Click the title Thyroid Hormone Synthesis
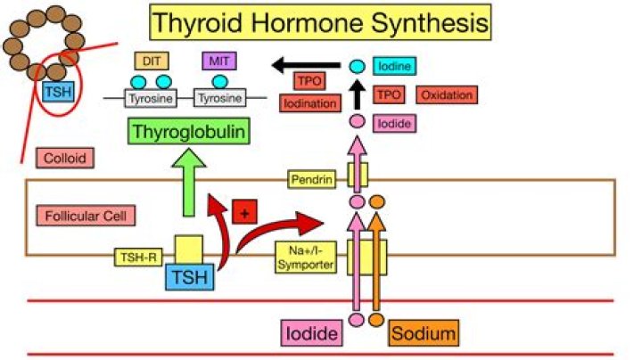[x=322, y=23]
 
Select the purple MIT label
[x=218, y=61]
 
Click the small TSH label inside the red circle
[x=59, y=91]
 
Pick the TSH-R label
[x=136, y=258]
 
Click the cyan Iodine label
[x=398, y=66]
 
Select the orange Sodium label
[x=424, y=334]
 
